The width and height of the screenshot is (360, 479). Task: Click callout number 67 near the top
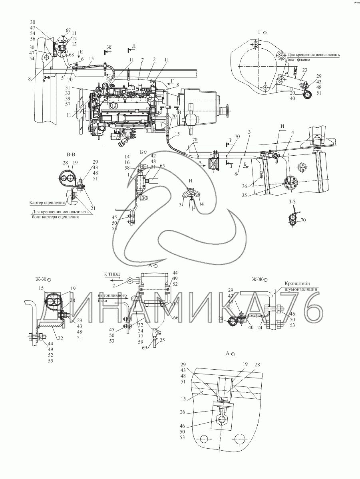click(68, 30)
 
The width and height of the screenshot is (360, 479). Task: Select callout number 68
click(71, 55)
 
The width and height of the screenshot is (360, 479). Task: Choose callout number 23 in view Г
click(304, 70)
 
